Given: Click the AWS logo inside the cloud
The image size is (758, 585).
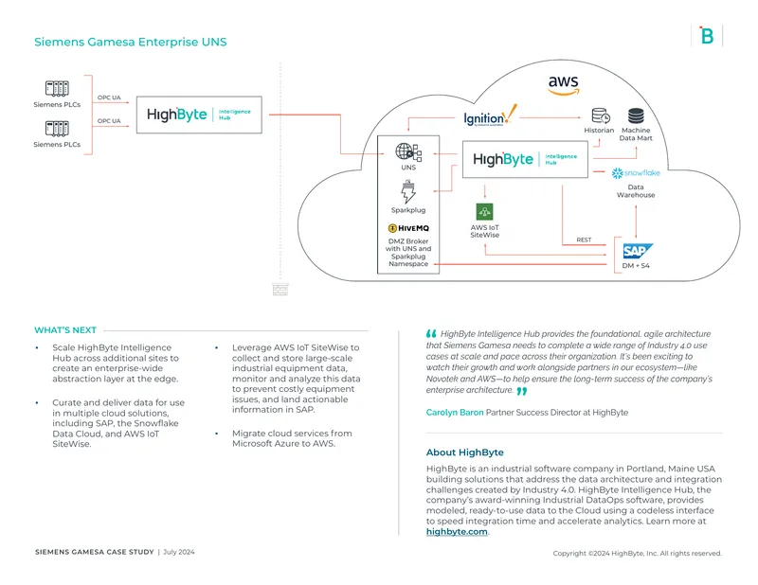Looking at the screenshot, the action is [x=564, y=85].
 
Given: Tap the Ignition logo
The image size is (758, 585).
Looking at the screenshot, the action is [x=490, y=115].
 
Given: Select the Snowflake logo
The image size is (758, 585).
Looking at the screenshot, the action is [x=636, y=173].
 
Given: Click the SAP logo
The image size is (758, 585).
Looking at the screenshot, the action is [x=638, y=251].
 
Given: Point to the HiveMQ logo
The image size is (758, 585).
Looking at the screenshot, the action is [x=408, y=228].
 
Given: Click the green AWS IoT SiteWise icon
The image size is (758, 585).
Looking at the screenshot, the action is [x=484, y=212].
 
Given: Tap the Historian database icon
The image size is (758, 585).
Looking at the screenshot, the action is [x=601, y=115].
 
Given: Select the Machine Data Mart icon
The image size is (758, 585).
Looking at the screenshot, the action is [x=636, y=115].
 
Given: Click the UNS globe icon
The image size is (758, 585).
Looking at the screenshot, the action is [x=408, y=152].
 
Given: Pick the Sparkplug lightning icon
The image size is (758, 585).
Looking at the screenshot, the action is [x=408, y=192].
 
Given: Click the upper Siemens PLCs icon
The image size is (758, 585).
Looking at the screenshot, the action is [x=57, y=89].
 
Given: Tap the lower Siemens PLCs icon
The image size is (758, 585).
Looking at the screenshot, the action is [x=57, y=129].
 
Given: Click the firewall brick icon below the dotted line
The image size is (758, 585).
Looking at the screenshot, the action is [x=280, y=290].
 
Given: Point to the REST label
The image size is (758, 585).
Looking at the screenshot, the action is [x=584, y=239].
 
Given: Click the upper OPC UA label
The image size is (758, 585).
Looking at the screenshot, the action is [x=109, y=97].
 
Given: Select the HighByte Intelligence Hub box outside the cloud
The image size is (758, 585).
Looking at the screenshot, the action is [x=199, y=115].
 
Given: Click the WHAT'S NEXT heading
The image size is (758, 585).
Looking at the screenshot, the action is [x=65, y=330].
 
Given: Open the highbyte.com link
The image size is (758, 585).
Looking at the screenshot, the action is [x=457, y=531].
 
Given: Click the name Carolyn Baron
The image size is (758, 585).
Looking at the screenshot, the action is [x=455, y=413].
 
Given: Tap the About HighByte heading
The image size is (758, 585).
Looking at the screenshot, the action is [x=465, y=452].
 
